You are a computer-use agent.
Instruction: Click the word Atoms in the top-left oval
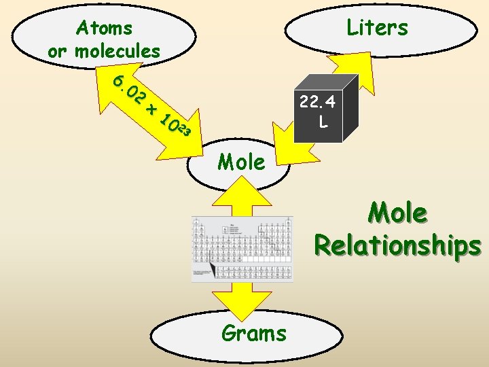coord(104,28)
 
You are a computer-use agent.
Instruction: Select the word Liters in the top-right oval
coord(377,28)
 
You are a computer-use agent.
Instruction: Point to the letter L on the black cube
coord(323,123)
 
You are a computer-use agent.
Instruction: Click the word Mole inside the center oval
coord(242,162)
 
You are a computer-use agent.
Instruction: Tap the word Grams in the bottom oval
coord(253,333)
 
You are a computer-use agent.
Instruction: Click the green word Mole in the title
coord(398,213)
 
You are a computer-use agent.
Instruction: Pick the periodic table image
coord(243,248)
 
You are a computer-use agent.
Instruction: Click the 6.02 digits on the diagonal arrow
coord(129,89)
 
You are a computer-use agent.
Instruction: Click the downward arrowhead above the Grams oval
coord(242,299)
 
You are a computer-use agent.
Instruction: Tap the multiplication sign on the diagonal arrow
coord(151,108)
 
